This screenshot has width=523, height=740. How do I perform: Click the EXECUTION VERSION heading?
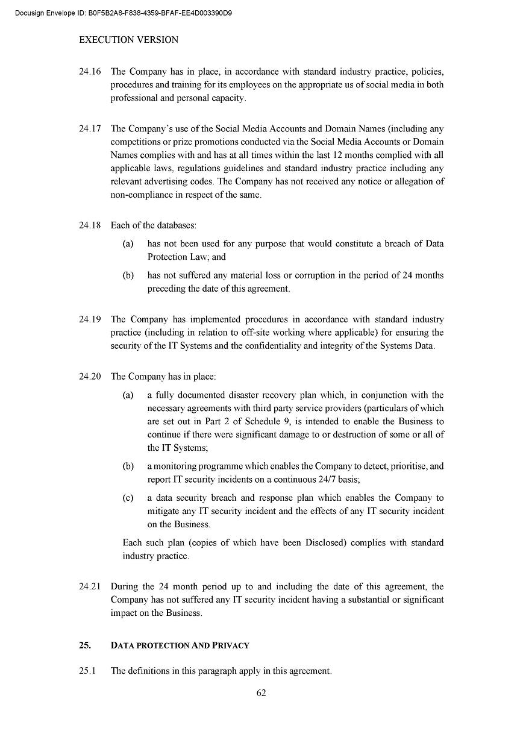click(x=128, y=40)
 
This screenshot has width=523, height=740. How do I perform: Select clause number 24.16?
click(x=90, y=72)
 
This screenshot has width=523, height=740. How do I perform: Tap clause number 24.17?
click(x=90, y=128)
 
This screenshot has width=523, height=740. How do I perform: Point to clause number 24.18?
click(x=90, y=225)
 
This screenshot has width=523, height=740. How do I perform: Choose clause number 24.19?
click(x=90, y=319)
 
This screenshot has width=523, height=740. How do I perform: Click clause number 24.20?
click(x=90, y=377)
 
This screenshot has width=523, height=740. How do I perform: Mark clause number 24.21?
click(x=90, y=586)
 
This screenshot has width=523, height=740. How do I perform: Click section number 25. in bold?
click(x=85, y=645)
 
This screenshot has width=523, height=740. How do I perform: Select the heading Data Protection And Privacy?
click(x=180, y=645)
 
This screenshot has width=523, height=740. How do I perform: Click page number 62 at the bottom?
click(x=261, y=692)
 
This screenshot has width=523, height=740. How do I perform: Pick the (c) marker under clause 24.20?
click(x=128, y=498)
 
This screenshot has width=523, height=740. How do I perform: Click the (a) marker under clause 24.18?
click(x=128, y=244)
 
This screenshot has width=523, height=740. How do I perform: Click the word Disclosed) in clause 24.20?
click(x=325, y=542)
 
